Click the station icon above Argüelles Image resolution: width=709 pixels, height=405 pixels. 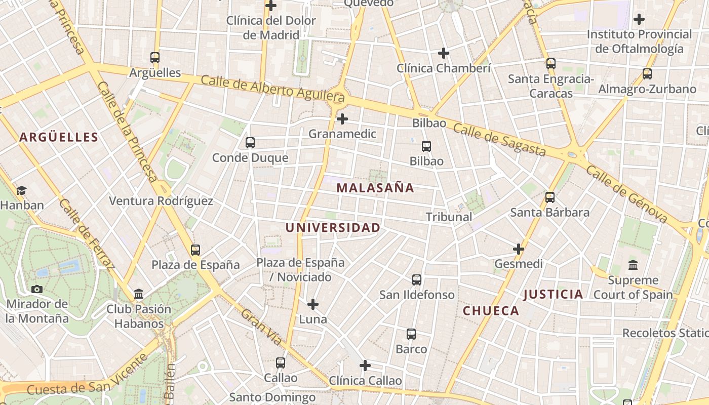155,58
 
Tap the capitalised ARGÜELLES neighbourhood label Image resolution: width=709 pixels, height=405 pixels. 59,137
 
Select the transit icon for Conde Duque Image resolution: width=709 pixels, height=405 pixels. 250,143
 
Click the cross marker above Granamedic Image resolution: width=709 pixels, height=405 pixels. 342,119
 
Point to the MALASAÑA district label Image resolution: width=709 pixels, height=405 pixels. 375,188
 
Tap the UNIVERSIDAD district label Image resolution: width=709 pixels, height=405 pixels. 333,228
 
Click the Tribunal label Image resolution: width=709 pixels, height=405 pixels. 449,217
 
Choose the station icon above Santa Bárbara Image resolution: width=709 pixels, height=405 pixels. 550,197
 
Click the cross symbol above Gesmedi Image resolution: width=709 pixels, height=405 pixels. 519,249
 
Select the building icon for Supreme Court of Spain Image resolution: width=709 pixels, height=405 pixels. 633,265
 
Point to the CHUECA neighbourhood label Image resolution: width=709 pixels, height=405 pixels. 491,311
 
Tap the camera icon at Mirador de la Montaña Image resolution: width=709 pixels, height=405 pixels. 37,289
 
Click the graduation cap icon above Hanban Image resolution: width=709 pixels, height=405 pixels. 21,191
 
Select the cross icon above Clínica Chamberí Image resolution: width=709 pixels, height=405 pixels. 444,53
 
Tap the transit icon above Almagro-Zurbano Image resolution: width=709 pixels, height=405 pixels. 647,74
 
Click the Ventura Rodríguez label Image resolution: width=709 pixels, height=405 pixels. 161,201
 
